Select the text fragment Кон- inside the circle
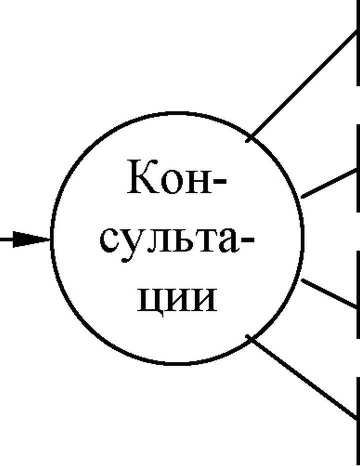click(176, 177)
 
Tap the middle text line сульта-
click(177, 243)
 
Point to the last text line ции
click(177, 300)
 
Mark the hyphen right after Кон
click(220, 180)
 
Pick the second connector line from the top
click(329, 183)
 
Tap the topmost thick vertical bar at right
click(358, 43)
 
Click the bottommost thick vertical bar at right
click(358, 421)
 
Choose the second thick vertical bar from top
click(358, 168)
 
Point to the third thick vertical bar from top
click(358, 294)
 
